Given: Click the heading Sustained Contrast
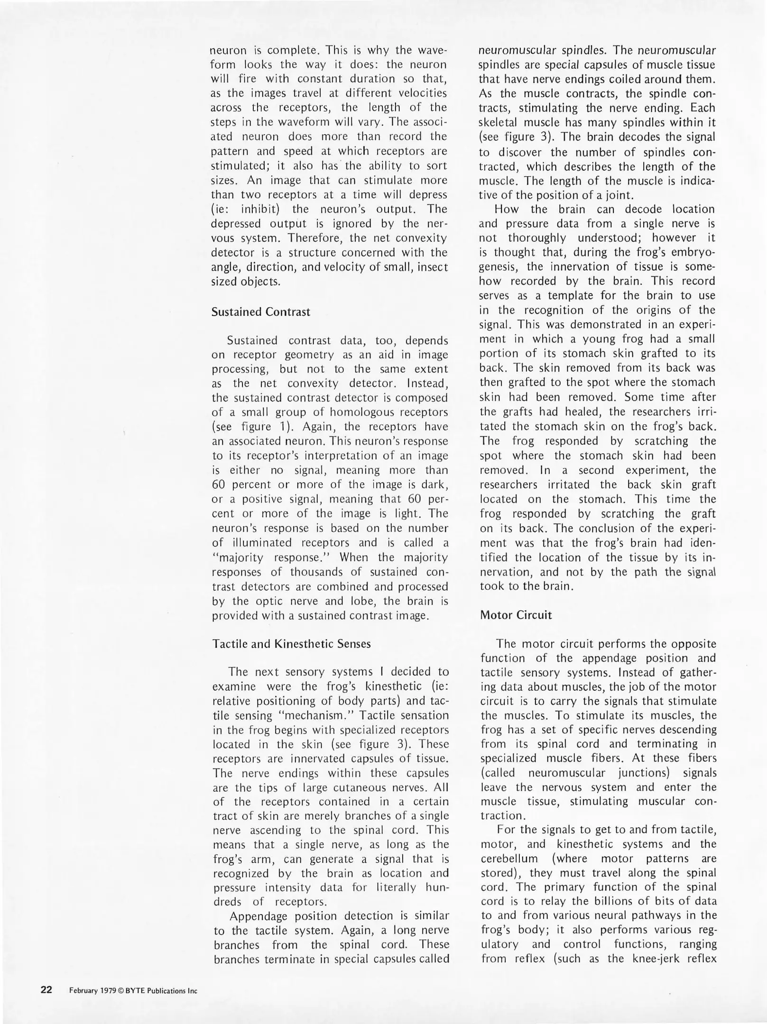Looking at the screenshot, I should click(x=260, y=312).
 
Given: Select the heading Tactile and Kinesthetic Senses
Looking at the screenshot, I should click(x=291, y=644).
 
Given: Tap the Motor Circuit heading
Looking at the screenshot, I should click(x=516, y=615).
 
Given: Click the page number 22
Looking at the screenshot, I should click(x=46, y=990).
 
